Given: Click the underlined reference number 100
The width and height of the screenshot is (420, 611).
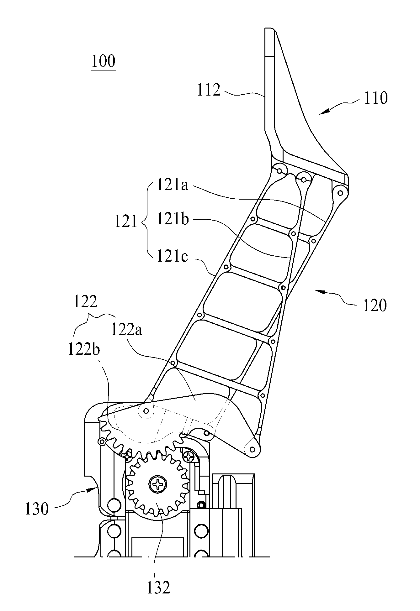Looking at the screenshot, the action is [x=103, y=61].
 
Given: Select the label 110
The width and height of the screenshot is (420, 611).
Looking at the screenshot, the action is [x=375, y=98].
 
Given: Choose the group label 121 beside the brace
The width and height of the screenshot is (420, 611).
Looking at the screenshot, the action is [x=126, y=222].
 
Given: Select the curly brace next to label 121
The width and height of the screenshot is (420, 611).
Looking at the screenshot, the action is [x=146, y=222].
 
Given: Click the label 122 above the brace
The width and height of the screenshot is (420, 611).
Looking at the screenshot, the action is [x=85, y=302].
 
